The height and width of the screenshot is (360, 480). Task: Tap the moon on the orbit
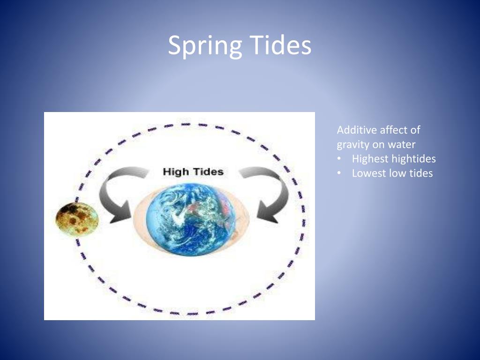coord(77,218)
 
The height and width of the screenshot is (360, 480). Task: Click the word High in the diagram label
coord(176,172)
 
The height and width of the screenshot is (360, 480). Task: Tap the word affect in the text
coord(394,130)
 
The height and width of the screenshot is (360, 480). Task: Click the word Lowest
coord(369,173)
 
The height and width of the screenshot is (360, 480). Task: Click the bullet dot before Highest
coord(339,159)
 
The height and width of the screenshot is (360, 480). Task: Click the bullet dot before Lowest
coord(339,173)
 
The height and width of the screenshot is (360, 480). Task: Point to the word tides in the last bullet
coord(420,173)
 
